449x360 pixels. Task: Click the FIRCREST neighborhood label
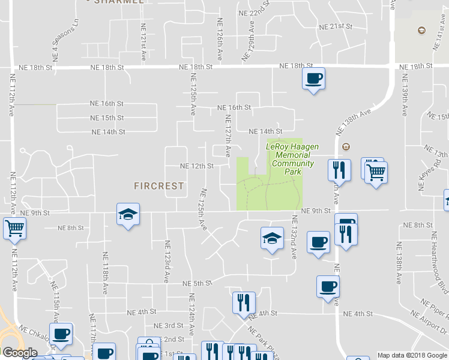(158, 186)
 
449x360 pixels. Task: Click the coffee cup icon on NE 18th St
(314, 79)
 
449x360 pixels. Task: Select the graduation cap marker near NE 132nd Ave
(272, 238)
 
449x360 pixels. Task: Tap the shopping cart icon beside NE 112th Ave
(14, 228)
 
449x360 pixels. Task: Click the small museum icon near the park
(346, 147)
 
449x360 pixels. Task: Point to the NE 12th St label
(197, 166)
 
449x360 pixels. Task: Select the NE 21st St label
(335, 26)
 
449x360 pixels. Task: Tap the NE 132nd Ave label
(295, 237)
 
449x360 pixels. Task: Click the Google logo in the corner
(19, 353)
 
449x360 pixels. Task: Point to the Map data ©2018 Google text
(412, 355)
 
